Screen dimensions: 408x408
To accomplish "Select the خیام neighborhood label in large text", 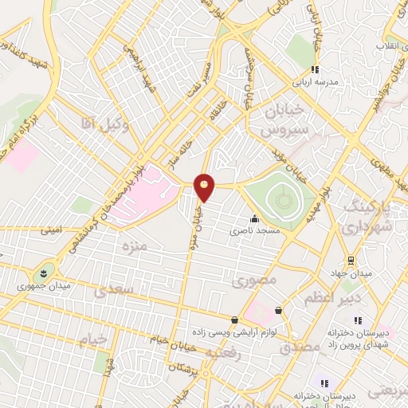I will click(x=93, y=340).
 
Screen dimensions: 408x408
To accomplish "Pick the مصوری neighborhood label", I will click(x=253, y=281).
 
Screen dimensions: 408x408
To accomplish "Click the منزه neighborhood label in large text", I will click(x=131, y=246).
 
